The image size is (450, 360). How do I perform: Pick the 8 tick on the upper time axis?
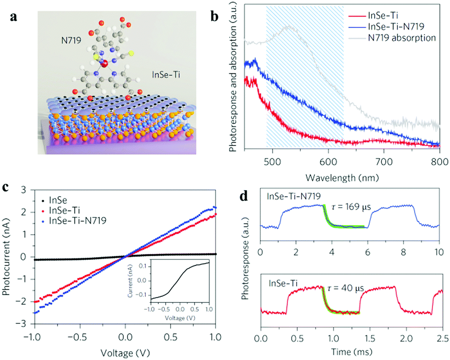403,252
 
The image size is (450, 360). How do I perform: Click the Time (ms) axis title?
350,354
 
